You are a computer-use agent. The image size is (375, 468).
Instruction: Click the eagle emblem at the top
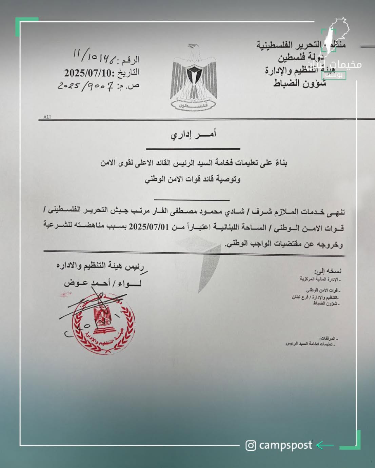pos(194,78)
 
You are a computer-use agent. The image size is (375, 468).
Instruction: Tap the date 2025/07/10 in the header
pos(90,73)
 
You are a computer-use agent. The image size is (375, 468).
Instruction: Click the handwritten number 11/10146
pos(95,56)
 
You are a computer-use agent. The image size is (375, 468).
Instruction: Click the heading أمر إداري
pos(193,135)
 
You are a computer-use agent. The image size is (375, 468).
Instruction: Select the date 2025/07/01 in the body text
pos(149,227)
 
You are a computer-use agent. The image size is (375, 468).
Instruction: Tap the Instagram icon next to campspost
pos(251,445)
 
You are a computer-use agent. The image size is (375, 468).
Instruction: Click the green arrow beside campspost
pos(324,445)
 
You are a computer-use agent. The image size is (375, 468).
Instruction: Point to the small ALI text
pos(47,117)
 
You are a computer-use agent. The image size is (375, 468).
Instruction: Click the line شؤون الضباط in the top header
pos(300,83)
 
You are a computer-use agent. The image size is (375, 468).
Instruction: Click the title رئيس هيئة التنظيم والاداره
pos(100,266)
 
